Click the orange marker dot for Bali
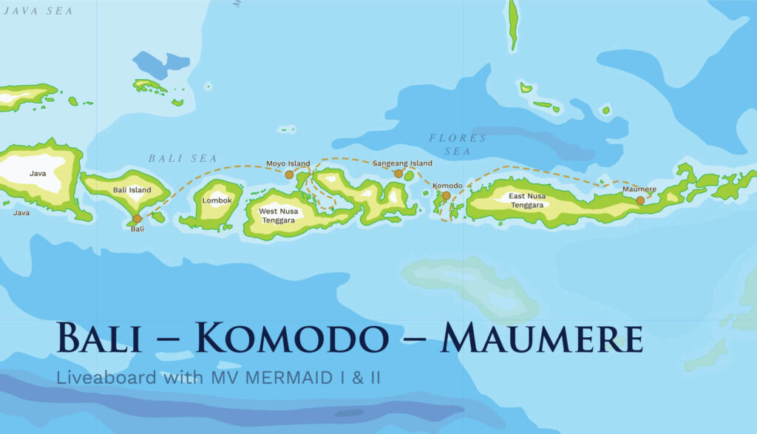click(x=137, y=219)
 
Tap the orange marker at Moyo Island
click(x=289, y=174)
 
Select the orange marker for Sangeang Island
click(x=398, y=174)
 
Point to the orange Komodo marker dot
click(x=446, y=196)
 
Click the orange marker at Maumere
click(x=640, y=200)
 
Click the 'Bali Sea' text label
click(x=183, y=158)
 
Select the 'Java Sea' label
click(x=38, y=10)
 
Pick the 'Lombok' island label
click(x=217, y=200)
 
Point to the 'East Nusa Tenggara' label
click(x=527, y=200)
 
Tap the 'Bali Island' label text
click(x=132, y=190)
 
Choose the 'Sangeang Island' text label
click(x=402, y=163)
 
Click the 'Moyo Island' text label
click(x=288, y=163)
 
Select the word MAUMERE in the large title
click(x=540, y=339)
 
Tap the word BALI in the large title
click(x=99, y=339)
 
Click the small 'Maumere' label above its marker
click(x=639, y=189)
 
